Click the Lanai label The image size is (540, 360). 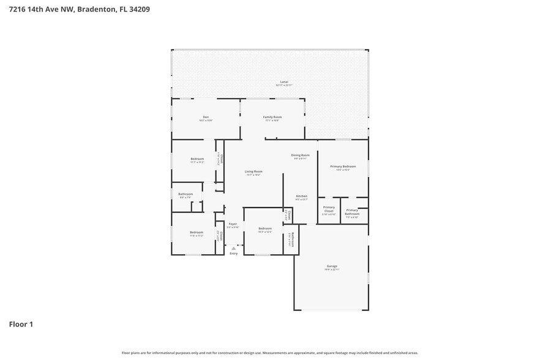tap(283, 81)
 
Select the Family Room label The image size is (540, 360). tap(272, 117)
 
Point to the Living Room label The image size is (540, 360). tap(253, 171)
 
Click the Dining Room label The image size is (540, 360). tap(300, 156)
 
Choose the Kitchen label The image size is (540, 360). tap(301, 196)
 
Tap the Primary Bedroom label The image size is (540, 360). tap(343, 167)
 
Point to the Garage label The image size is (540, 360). tap(332, 266)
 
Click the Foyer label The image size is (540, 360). tap(233, 224)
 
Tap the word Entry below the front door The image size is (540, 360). tap(233, 253)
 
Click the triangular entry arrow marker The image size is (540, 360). tap(233, 248)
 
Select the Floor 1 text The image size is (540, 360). tap(20, 324)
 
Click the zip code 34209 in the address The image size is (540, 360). tap(138, 9)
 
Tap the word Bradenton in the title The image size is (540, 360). tap(98, 9)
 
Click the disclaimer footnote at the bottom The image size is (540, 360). tap(269, 353)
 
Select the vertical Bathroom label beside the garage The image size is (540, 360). tap(293, 238)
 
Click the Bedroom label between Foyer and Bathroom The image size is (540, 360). tap(264, 228)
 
